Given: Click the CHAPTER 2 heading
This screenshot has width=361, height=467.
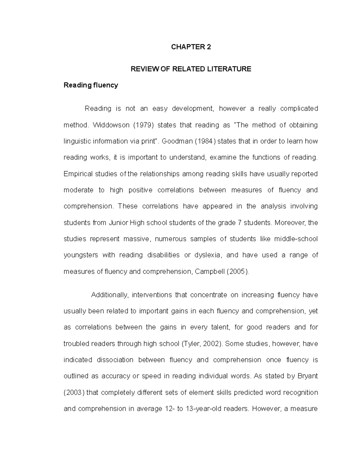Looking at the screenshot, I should (191, 47).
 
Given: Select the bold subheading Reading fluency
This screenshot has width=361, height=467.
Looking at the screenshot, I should (91, 85).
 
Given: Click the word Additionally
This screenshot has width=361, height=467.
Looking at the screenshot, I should (110, 295).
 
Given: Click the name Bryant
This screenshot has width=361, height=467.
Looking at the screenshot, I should (307, 376).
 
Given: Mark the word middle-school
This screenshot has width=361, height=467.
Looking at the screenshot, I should (296, 239).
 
